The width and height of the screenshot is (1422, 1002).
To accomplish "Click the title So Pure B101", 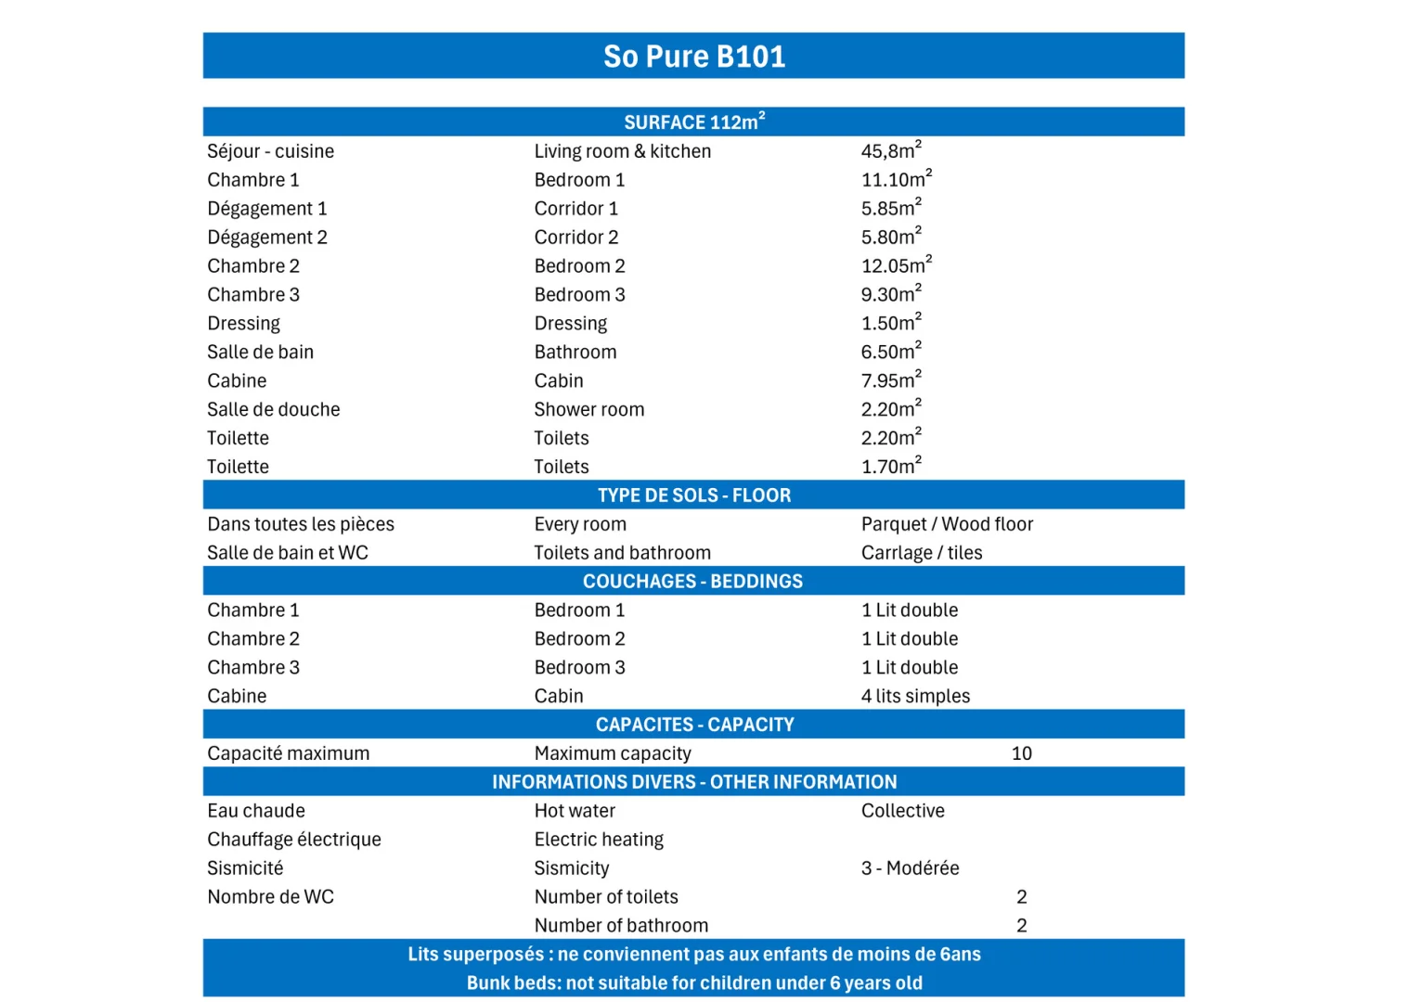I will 694,57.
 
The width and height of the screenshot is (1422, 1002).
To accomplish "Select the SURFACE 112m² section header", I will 694,122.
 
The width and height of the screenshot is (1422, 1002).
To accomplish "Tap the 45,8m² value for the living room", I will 891,151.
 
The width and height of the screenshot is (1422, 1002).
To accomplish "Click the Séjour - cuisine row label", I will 270,151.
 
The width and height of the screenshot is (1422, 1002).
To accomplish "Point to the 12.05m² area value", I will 896,266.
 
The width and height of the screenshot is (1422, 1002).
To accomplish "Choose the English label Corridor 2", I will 575,238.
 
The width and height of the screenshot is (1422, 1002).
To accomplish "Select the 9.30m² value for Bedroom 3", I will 891,295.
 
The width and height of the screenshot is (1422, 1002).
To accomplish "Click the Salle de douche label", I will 273,410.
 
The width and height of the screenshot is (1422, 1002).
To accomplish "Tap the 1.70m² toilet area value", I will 891,467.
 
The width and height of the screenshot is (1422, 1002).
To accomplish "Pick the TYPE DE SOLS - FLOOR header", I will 694,495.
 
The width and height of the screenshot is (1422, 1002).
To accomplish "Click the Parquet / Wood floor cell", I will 947,524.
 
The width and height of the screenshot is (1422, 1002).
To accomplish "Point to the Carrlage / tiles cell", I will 922,553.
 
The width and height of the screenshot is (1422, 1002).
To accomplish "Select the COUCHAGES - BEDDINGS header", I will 692,582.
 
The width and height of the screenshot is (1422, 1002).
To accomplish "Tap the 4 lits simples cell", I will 915,696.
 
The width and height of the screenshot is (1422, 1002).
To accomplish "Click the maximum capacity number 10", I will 1021,753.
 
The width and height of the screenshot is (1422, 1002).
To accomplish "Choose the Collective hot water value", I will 902,811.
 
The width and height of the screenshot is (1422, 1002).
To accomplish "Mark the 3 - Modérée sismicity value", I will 910,868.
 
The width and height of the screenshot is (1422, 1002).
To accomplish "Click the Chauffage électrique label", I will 293,840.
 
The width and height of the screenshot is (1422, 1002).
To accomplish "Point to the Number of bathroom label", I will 621,926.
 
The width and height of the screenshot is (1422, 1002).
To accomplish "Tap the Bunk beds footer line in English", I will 694,983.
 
